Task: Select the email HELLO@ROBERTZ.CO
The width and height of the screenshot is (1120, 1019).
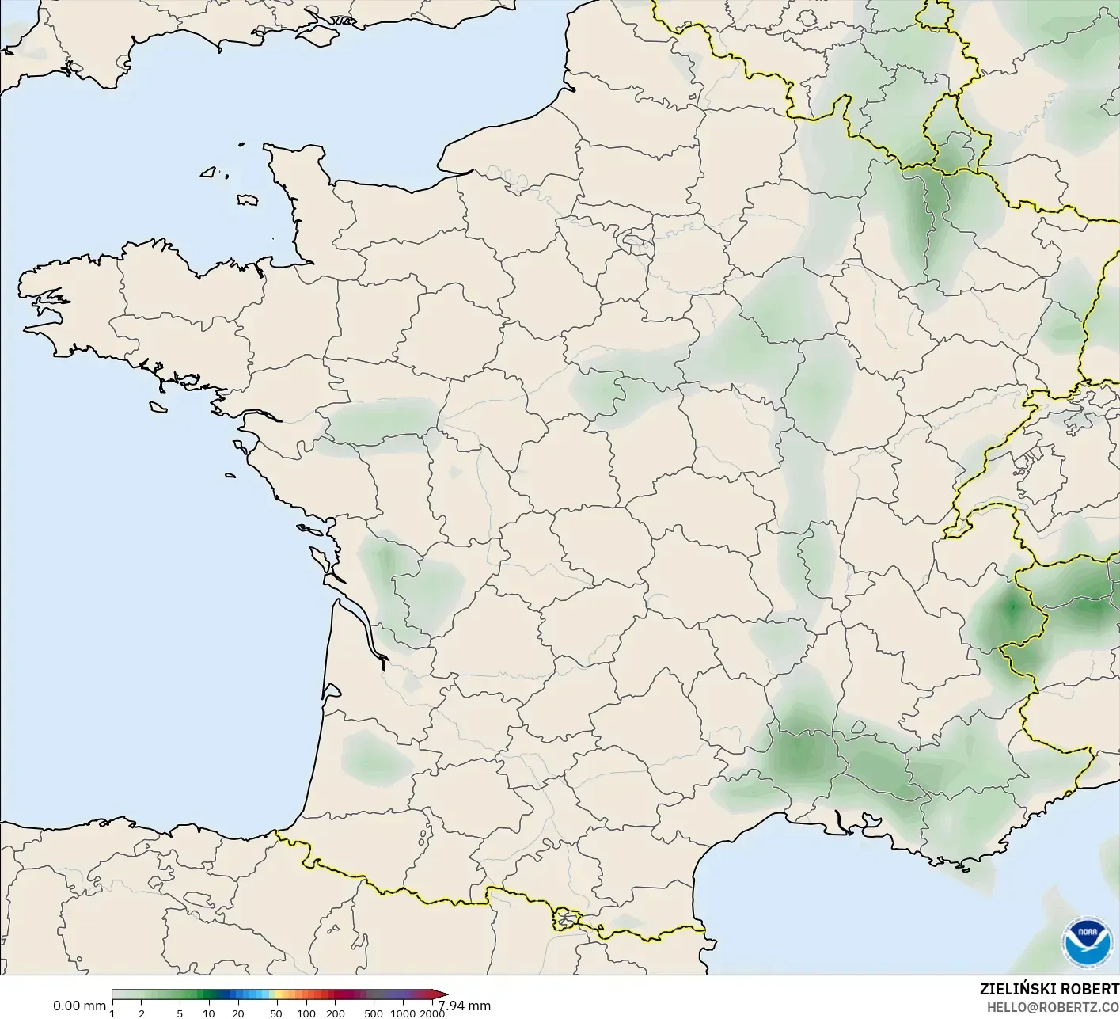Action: click(x=1052, y=1006)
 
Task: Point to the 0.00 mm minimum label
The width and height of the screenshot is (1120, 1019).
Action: click(x=79, y=1006)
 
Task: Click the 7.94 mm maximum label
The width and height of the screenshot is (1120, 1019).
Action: click(x=465, y=1006)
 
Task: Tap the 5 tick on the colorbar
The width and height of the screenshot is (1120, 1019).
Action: click(x=180, y=1013)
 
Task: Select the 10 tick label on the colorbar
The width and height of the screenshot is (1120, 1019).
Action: click(x=209, y=1013)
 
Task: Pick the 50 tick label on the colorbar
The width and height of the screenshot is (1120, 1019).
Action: click(x=276, y=1013)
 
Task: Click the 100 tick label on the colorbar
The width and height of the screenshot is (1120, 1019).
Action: click(x=306, y=1013)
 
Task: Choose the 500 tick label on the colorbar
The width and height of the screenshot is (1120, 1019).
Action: click(x=374, y=1013)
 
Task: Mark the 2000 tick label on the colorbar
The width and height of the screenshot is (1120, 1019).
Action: click(x=432, y=1013)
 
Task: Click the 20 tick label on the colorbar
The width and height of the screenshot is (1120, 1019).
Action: click(x=238, y=1013)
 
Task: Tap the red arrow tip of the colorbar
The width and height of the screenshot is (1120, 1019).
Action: click(x=442, y=995)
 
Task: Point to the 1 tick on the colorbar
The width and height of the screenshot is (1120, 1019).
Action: click(x=112, y=1013)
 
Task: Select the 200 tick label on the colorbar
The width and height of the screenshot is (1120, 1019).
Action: click(x=336, y=1013)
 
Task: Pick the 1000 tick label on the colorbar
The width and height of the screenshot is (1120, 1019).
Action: click(x=403, y=1013)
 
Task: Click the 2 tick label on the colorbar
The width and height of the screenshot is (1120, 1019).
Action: click(x=142, y=1013)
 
